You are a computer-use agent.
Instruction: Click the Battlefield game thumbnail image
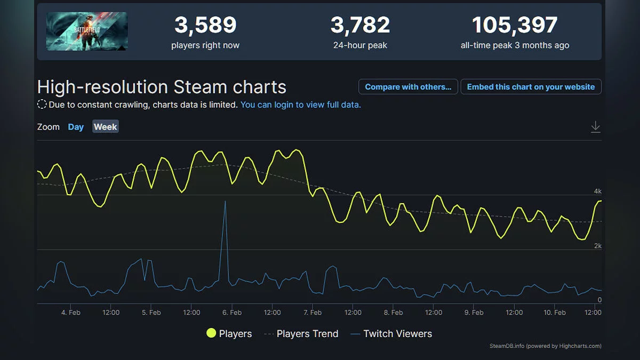tap(87, 31)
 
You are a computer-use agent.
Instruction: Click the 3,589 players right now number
tap(205, 25)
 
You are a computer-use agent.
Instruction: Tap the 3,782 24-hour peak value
tap(360, 25)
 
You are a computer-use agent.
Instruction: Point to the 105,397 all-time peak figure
tap(515, 25)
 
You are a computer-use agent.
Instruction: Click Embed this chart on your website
tap(531, 87)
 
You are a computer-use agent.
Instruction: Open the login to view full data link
tap(300, 105)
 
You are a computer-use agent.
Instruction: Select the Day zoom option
tap(76, 127)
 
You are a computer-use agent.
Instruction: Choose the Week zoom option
tap(106, 127)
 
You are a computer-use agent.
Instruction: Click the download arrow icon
tap(596, 127)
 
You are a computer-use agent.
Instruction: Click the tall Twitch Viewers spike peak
tap(225, 202)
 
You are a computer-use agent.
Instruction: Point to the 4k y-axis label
tap(597, 191)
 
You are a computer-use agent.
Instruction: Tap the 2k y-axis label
tap(597, 246)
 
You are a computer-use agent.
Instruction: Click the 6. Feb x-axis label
tap(232, 313)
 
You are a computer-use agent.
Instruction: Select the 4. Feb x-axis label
tap(71, 313)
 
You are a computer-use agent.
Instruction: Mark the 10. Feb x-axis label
tap(555, 313)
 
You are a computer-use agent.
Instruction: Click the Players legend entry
tap(229, 334)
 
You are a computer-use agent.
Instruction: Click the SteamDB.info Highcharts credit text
tap(545, 346)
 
